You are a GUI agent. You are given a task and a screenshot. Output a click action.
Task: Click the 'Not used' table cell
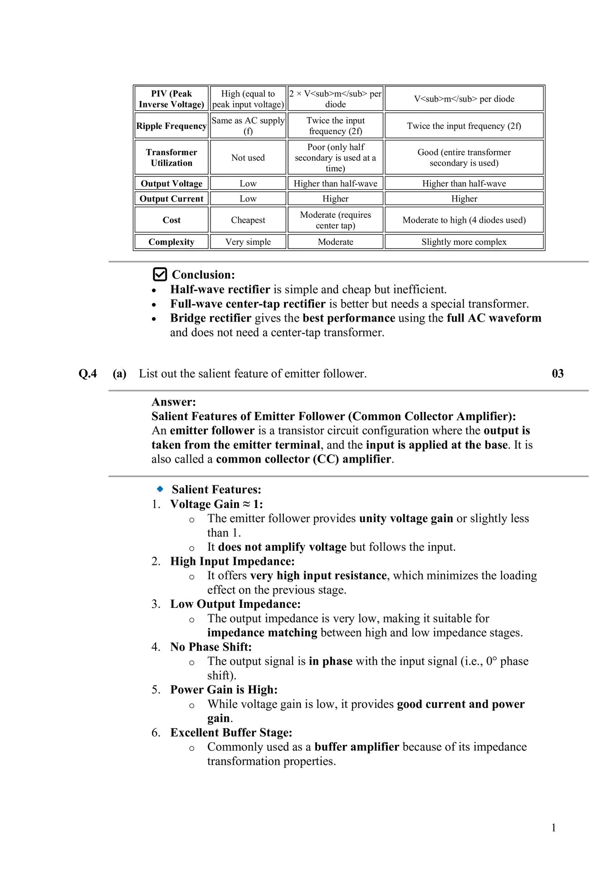[x=248, y=157]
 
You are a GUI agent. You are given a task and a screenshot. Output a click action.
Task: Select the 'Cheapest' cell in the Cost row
[x=248, y=220]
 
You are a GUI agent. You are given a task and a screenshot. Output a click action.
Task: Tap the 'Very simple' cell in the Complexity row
[x=248, y=242]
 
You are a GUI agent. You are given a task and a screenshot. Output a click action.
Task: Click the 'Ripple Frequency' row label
[x=171, y=126]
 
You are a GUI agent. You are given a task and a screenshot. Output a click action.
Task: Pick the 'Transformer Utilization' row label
[x=171, y=157]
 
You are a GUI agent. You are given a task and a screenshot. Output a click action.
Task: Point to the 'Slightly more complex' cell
[x=464, y=242]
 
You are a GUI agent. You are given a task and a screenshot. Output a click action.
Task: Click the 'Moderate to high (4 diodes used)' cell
[x=464, y=220]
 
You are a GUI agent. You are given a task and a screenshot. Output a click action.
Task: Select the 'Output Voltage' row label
[x=171, y=183]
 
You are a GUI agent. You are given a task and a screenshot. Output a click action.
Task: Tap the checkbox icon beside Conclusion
[x=160, y=274]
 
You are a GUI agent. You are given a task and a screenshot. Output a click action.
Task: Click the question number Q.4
[x=88, y=373]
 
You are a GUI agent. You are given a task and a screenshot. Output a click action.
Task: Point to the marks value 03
[x=557, y=373]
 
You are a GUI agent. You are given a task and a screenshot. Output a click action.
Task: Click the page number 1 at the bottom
[x=553, y=828]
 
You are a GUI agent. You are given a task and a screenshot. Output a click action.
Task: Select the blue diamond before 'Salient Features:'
[x=160, y=489]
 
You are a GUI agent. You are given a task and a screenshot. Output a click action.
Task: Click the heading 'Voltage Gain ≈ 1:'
[x=216, y=504]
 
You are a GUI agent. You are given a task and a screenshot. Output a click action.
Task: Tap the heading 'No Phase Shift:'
[x=211, y=646]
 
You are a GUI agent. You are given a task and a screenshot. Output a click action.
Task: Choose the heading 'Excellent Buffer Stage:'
[x=231, y=732]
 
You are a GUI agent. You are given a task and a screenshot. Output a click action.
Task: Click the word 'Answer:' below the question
[x=174, y=401]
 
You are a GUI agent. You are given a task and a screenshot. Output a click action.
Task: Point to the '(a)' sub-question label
[x=119, y=373]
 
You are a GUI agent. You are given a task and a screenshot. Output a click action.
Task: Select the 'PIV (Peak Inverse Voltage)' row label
[x=171, y=99]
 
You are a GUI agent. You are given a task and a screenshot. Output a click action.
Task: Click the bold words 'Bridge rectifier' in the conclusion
[x=210, y=318]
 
